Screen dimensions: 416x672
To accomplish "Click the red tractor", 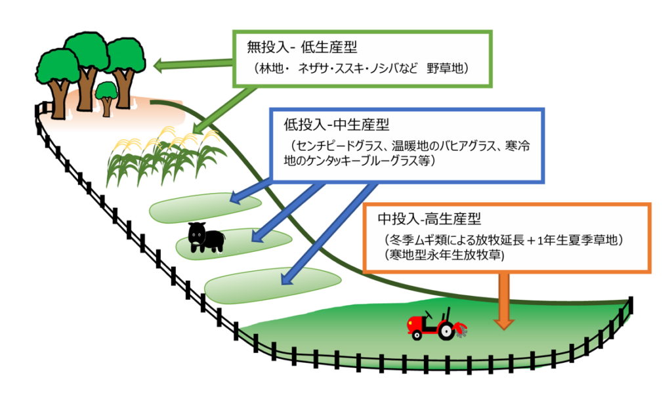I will point(434,324).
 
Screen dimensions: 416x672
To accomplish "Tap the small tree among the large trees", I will point(106,96).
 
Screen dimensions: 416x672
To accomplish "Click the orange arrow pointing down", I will point(504,299).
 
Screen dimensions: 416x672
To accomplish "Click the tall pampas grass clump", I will point(164,157).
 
